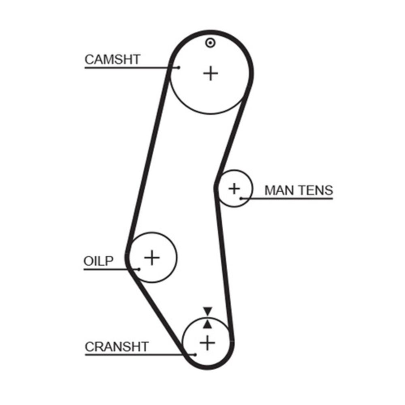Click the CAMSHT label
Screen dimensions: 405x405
point(112,60)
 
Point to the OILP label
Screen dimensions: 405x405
point(99,261)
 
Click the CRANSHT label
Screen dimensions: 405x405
point(117,347)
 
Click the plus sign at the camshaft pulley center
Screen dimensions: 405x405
point(210,73)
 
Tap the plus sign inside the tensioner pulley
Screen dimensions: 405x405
point(234,188)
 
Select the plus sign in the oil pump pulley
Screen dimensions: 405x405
point(152,257)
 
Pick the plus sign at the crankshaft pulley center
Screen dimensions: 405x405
point(207,343)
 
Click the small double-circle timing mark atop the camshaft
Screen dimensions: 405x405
point(209,43)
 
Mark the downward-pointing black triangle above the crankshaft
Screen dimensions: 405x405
point(208,311)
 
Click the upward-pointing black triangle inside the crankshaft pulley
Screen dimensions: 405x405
point(208,324)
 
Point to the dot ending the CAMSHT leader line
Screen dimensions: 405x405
point(178,68)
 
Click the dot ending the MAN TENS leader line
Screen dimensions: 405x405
point(241,198)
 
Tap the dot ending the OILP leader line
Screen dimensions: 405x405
point(139,269)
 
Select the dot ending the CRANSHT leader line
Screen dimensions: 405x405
point(195,355)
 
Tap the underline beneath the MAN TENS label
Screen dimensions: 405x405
point(292,198)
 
